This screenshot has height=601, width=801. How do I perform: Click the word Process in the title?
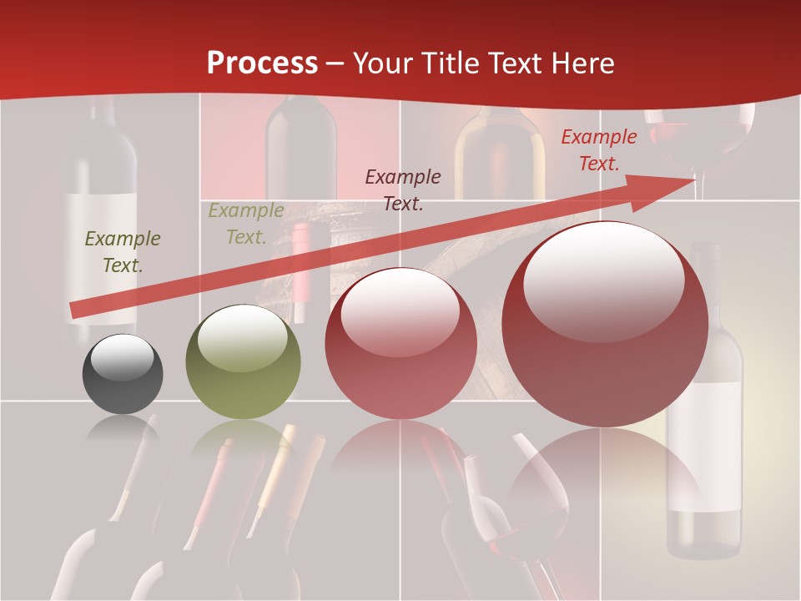coord(262,63)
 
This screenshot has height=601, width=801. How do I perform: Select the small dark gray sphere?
coord(123,375)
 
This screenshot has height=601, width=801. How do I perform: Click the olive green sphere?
coord(243,362)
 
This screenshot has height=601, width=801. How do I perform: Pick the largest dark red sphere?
coord(604,326)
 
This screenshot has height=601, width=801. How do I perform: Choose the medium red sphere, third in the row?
coord(400,344)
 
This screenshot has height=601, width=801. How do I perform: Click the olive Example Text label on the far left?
coord(122,252)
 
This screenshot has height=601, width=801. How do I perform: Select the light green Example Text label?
coord(245,224)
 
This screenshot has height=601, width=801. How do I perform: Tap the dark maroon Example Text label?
coord(403,189)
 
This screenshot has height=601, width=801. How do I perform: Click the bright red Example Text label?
coord(598,150)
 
